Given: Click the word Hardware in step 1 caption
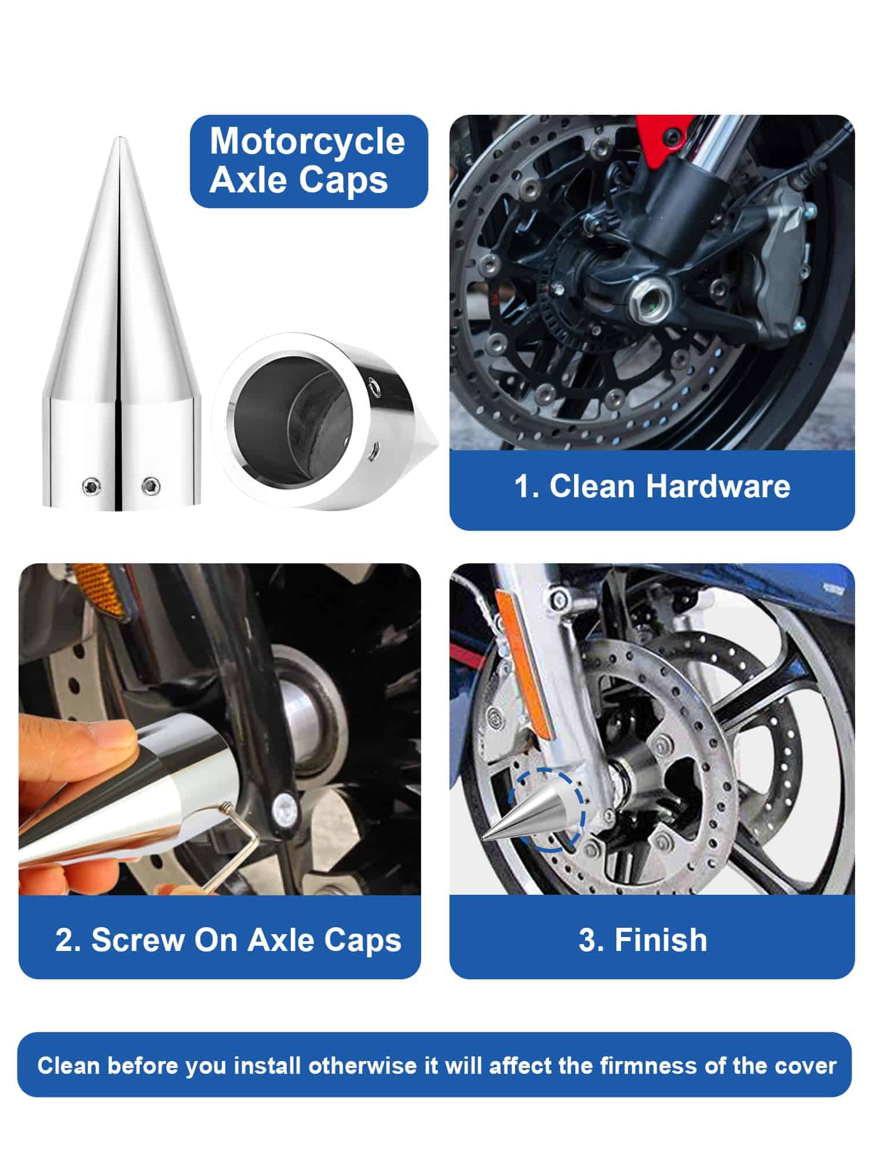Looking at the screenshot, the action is [718, 486].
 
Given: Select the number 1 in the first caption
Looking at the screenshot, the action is [522, 486].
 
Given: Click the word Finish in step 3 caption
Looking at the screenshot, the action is [660, 940].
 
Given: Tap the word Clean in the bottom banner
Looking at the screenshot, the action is [68, 1066].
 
